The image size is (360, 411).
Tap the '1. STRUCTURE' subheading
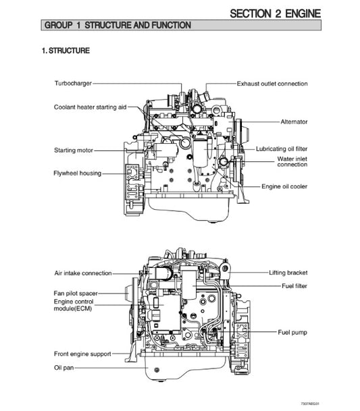[x=66, y=51]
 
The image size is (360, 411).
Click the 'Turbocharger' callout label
[x=73, y=84]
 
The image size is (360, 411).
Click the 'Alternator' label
[x=294, y=122]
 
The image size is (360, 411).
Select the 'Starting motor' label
[x=74, y=150]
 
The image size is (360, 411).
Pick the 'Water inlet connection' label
[x=292, y=161]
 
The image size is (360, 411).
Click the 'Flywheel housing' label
[x=78, y=173]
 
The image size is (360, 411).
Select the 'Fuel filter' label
[x=292, y=285]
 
